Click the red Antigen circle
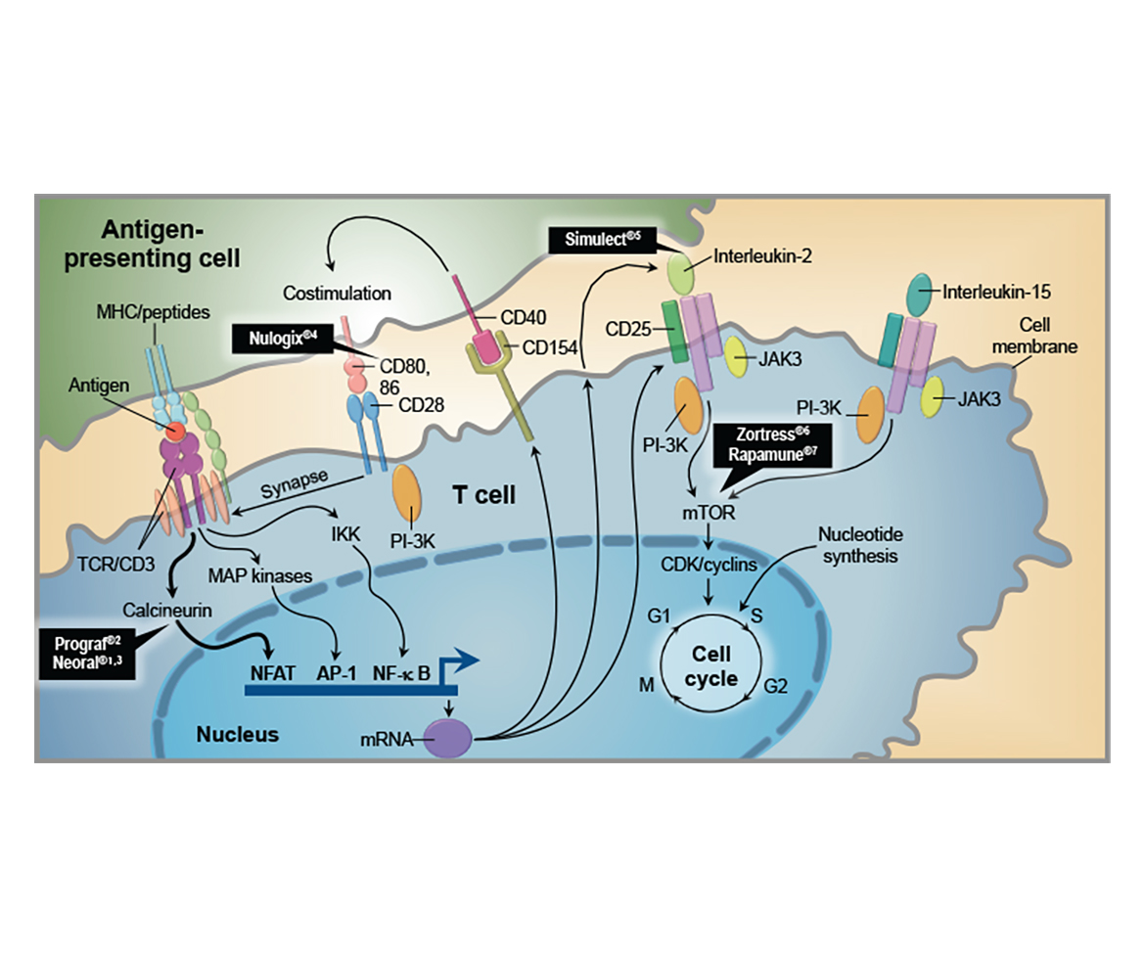point(177,431)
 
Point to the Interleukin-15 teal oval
point(920,290)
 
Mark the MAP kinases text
point(260,576)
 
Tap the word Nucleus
point(237,733)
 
